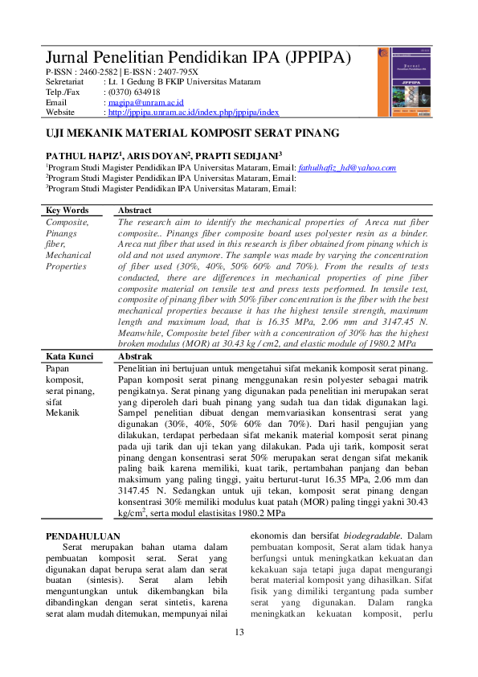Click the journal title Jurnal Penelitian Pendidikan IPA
point(198,58)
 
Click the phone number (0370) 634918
point(133,92)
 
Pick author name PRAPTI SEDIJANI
point(238,154)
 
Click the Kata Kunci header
point(69,356)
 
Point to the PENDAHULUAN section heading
point(83,535)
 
